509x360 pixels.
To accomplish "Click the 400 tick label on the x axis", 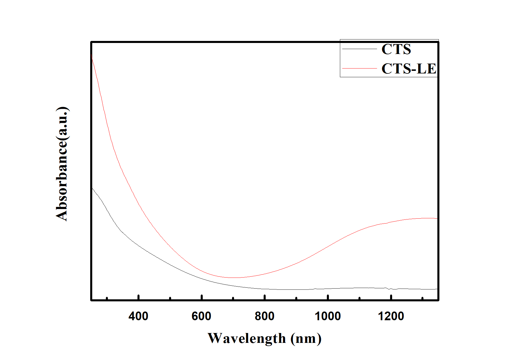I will (138, 316).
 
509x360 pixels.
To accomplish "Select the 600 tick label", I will (201, 316).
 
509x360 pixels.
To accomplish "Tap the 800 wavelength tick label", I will (265, 316).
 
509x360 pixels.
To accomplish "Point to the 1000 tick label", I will (328, 316).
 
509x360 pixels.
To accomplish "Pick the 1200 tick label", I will (391, 316).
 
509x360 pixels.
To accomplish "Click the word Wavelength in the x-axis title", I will (247, 339).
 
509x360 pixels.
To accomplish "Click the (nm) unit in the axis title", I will (306, 339).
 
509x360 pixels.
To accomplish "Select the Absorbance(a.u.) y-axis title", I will (62, 164).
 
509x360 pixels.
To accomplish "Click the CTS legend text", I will (396, 49).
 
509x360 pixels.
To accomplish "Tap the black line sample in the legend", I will (360, 49).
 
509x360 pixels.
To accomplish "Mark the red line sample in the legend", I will (360, 68).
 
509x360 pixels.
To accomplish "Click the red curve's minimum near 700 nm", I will (235, 278).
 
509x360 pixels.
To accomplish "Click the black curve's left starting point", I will (92, 188).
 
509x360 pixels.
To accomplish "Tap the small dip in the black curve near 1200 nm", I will (390, 289).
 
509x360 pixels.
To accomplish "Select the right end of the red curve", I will (437, 218).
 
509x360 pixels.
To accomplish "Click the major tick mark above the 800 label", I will (265, 297).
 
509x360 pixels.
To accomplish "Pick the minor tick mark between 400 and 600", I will (170, 298).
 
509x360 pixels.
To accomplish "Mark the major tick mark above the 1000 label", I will (328, 297).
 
